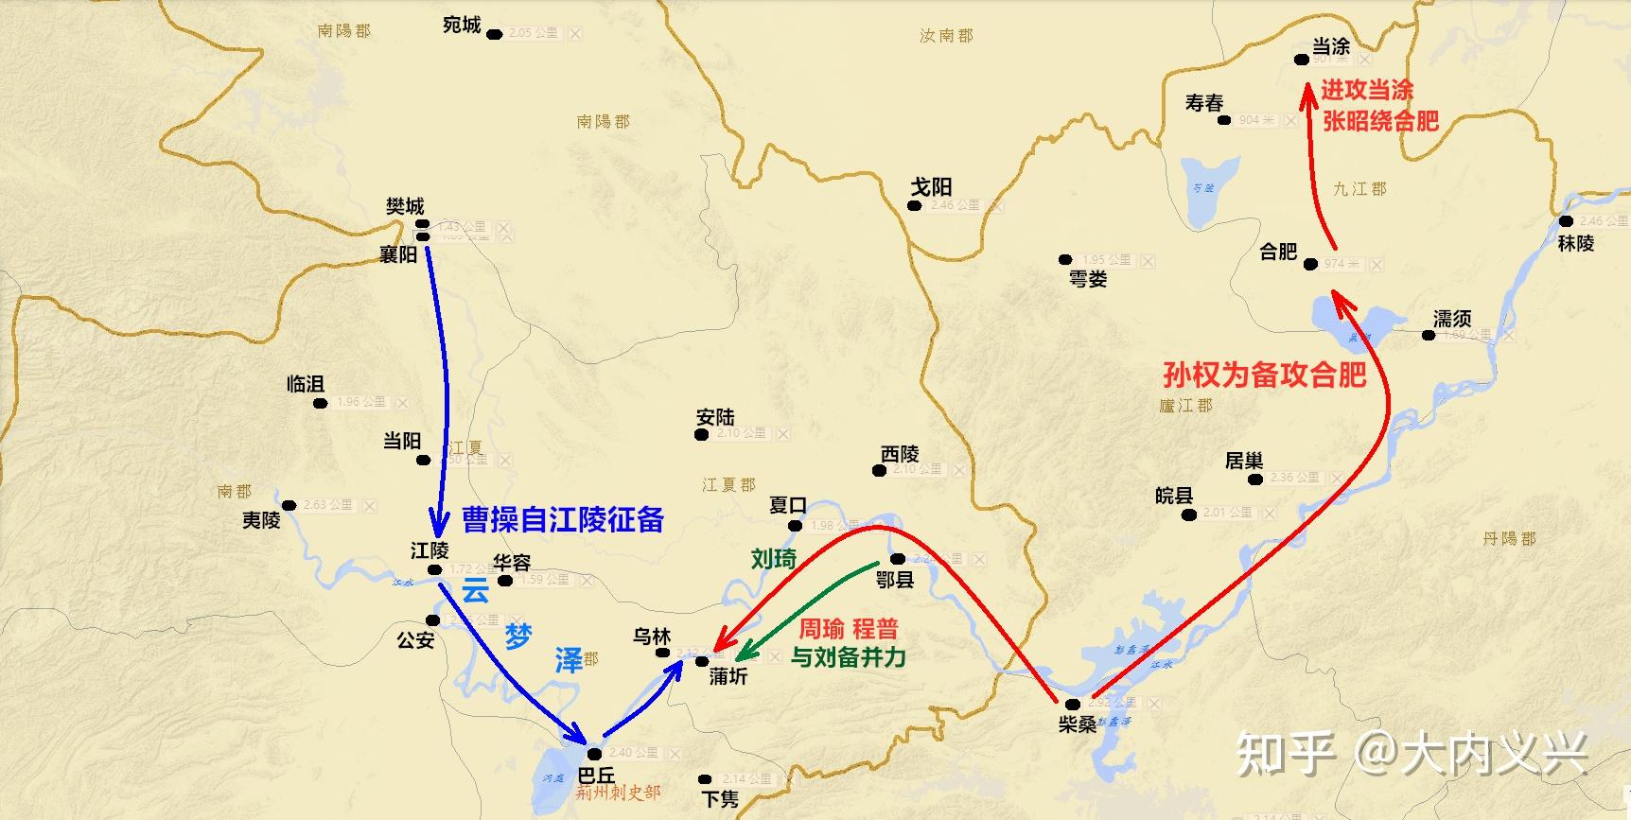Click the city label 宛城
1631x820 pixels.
[x=462, y=26]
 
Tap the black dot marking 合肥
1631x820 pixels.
[x=1310, y=264]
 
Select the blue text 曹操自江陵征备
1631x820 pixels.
[x=563, y=519]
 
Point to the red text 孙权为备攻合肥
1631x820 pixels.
[x=1264, y=375]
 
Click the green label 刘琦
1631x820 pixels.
[x=774, y=559]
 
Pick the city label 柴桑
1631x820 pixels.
[x=1078, y=724]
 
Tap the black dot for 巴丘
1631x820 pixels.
[x=594, y=754]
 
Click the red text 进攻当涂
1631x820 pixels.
[x=1367, y=90]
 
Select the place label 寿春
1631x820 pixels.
[x=1204, y=102]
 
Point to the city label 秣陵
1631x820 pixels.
[x=1576, y=243]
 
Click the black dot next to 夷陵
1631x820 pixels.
[x=289, y=506]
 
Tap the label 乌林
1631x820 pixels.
[x=652, y=637]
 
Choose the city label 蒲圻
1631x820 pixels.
[x=728, y=676]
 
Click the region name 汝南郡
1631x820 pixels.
[x=946, y=36]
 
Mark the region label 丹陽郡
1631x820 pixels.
[x=1509, y=538]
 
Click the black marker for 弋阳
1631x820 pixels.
[x=914, y=205]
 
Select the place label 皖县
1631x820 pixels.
[x=1174, y=496]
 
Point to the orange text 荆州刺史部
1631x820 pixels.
[x=619, y=793]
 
